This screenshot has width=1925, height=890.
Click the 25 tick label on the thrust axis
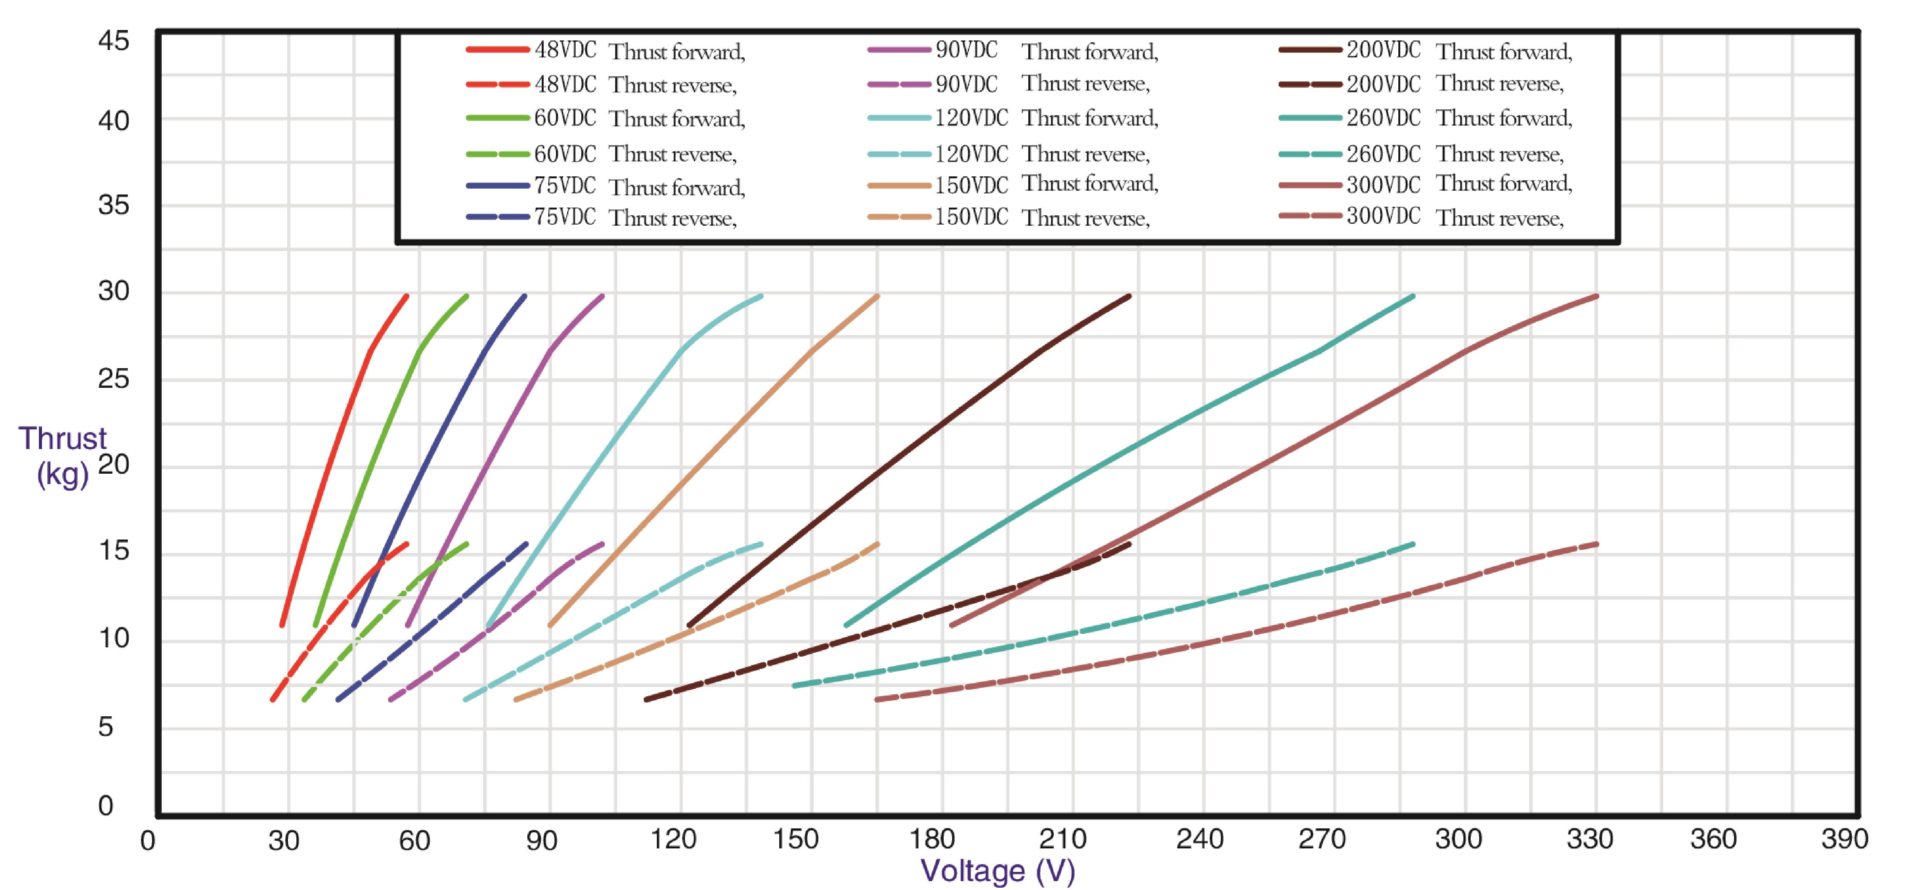click(x=114, y=379)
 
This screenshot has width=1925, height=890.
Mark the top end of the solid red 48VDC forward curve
click(x=407, y=296)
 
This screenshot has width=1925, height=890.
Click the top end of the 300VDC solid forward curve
click(x=1596, y=297)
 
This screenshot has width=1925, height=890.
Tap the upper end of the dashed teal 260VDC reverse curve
click(x=1412, y=544)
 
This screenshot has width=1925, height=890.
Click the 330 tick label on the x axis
click(x=1589, y=839)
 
